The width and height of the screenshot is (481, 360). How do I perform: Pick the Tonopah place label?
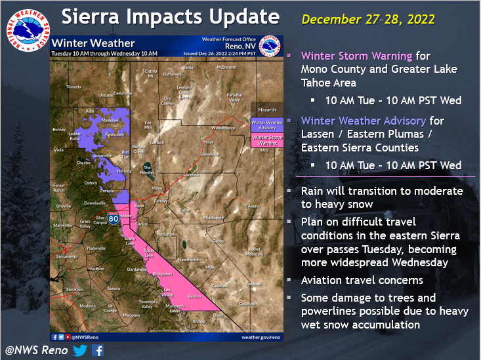coord(253,283)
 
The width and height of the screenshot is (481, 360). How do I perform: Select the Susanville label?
coord(86,155)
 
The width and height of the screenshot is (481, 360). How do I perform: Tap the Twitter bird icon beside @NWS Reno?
coord(80,350)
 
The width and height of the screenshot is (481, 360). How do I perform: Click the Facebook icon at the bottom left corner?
coord(98,350)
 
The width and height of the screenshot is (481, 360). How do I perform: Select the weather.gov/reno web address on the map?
coord(261,336)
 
